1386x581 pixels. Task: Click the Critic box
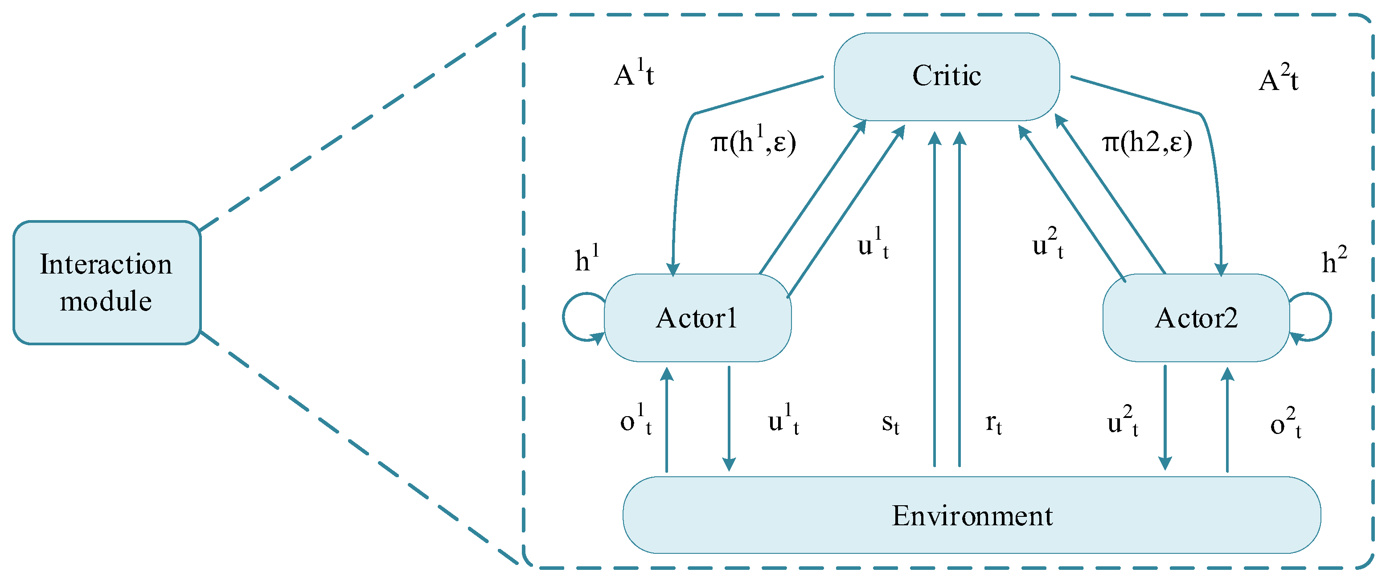[947, 76]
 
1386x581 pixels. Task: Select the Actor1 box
[697, 317]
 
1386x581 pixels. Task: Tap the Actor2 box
[1196, 317]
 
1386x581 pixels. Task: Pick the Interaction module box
[107, 282]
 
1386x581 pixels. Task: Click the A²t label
[1279, 79]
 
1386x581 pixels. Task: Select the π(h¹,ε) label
[753, 142]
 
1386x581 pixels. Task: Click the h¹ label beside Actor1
[586, 259]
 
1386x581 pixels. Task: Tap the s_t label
[890, 423]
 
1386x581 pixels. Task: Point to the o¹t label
[636, 420]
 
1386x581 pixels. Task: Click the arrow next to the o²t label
[1227, 420]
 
